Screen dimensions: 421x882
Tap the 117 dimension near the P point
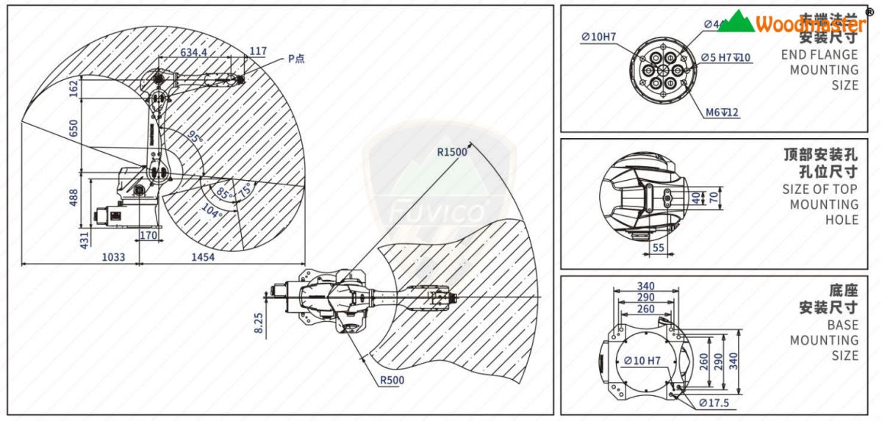pos(257,51)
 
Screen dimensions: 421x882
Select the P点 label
pos(296,58)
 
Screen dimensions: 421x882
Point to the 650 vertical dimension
pos(73,129)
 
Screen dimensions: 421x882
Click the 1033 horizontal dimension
pos(113,257)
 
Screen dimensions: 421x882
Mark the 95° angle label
pos(194,137)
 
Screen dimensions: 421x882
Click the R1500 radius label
pos(452,153)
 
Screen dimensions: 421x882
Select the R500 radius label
pos(391,381)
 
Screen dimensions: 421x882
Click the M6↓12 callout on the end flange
pos(722,112)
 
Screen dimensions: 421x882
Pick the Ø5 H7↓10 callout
pos(725,57)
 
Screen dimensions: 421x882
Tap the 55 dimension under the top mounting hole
pos(658,248)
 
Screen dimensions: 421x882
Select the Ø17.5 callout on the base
pos(714,403)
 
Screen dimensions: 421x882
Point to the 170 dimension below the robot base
pos(148,236)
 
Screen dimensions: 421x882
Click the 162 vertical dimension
pos(73,87)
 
